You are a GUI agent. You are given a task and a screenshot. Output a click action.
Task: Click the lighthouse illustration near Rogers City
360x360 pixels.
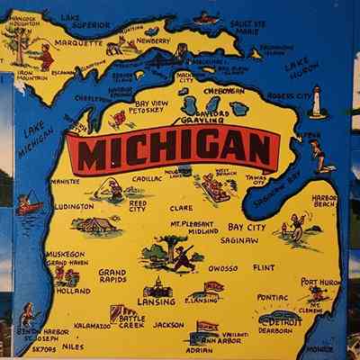pos(317,101)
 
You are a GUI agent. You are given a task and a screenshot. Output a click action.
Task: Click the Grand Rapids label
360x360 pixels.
pos(112,275)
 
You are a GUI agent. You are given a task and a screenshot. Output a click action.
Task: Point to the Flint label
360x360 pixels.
pos(264,268)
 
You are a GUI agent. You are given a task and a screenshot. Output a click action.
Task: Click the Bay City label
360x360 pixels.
pos(246,228)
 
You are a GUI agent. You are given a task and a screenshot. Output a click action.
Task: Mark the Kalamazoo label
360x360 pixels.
pos(92,325)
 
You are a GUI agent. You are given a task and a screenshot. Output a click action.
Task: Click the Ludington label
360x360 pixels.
pos(74,206)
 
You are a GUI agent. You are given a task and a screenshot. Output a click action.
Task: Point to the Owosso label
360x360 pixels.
pos(221,268)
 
